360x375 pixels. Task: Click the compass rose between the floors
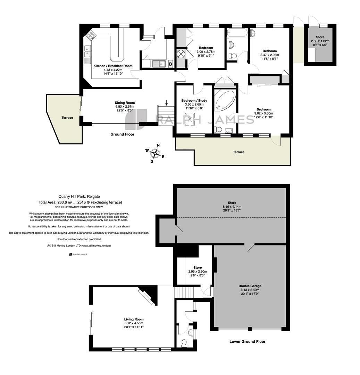coord(156,153)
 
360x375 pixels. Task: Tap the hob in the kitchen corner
coord(91,36)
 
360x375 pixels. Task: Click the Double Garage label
coord(250,286)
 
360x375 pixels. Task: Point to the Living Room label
coord(134,319)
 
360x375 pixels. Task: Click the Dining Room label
coord(125,102)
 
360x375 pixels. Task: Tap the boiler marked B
coord(170,64)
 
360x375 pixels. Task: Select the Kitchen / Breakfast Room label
coord(113,66)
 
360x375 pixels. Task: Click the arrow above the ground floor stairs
coord(167,102)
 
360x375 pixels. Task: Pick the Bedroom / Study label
coord(194,100)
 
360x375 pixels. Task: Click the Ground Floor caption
coord(123,134)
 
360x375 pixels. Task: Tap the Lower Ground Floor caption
coord(248,341)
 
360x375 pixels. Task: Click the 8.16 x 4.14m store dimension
coord(232,207)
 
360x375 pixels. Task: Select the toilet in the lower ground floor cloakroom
coord(184,343)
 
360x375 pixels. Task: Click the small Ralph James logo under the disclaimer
coord(78,254)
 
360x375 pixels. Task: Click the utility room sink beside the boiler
coord(159,64)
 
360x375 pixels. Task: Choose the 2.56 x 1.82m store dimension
coord(320,41)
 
